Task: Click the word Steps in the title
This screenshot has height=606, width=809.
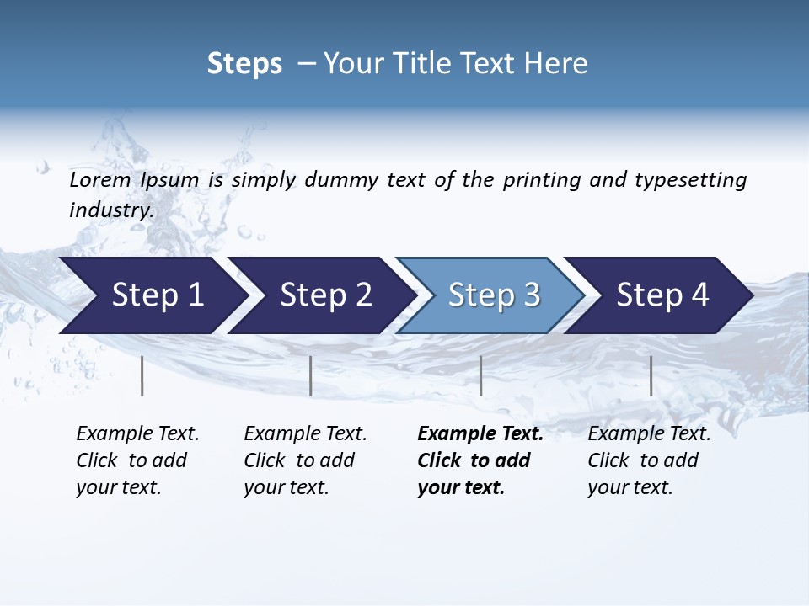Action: (x=244, y=64)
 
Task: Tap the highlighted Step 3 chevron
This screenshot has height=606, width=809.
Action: (x=493, y=295)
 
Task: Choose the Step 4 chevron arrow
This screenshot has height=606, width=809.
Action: (x=662, y=295)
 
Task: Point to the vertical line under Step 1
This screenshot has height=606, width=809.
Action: (x=142, y=375)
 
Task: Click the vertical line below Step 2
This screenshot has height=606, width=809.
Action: (x=311, y=375)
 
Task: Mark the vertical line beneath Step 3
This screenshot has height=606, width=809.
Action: (x=481, y=375)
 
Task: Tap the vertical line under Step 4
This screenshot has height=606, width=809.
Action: (x=651, y=375)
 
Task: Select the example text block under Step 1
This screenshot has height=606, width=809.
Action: (x=137, y=460)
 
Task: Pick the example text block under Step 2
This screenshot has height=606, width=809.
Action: (x=305, y=460)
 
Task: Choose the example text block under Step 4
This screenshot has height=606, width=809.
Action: (x=649, y=460)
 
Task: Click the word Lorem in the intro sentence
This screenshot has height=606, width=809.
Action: (x=100, y=180)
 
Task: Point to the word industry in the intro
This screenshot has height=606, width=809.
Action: (x=110, y=210)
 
